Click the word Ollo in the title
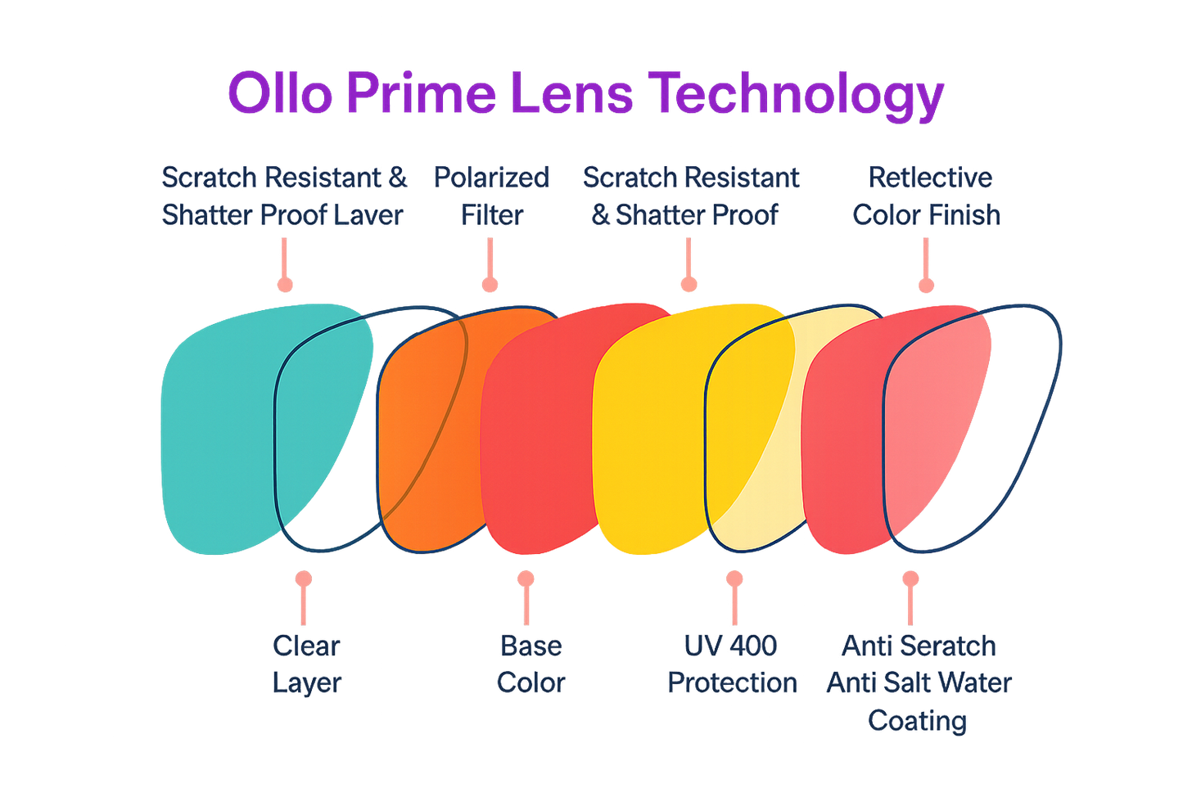pos(279,93)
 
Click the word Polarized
pos(491,178)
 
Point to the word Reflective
pos(930,178)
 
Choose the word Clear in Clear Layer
pos(305,646)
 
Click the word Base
pos(530,646)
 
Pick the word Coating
pos(918,722)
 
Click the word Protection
pos(732,682)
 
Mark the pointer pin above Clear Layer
pos(304,597)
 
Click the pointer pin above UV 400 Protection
pos(734,597)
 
